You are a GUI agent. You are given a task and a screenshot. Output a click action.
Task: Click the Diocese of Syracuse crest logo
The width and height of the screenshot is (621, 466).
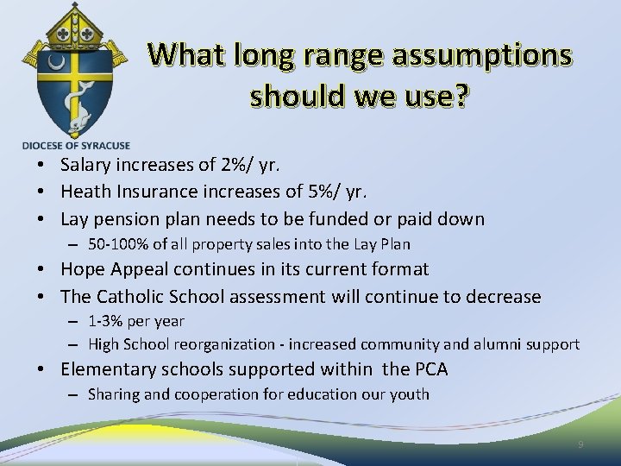tap(77, 69)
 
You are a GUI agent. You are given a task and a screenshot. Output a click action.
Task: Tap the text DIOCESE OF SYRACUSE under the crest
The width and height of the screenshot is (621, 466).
tap(77, 145)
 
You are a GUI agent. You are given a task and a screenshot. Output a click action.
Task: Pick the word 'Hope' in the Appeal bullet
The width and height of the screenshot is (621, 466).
tap(84, 269)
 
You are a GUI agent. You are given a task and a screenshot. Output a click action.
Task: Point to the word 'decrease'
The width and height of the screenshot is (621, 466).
tap(503, 297)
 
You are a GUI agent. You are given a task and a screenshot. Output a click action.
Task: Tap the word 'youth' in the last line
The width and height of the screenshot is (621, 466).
tap(411, 394)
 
